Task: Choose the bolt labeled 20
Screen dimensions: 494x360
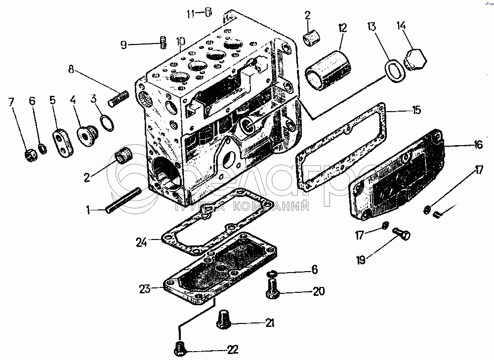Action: (272, 287)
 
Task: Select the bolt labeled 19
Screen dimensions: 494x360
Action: (402, 234)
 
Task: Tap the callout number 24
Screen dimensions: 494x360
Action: (142, 242)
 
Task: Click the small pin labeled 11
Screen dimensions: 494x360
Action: (209, 12)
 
